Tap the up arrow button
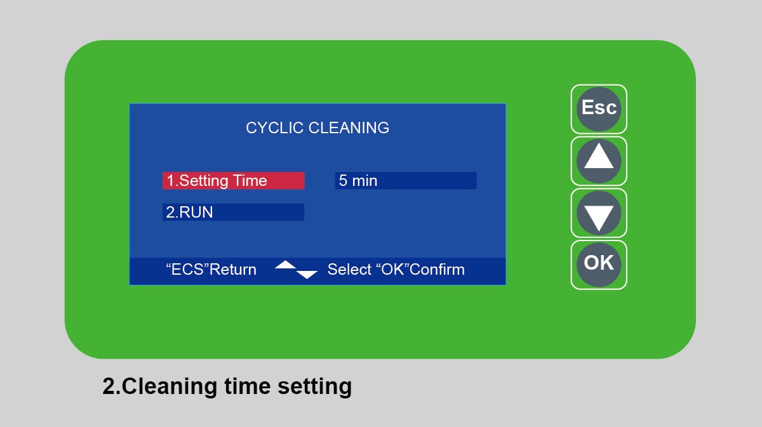click(x=599, y=161)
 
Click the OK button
click(x=599, y=265)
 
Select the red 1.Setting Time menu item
click(x=234, y=181)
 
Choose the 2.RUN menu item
click(x=234, y=212)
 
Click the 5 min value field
click(x=406, y=181)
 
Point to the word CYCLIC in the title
click(x=274, y=128)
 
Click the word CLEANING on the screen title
click(x=349, y=128)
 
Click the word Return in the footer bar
click(x=232, y=270)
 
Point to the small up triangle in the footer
click(x=285, y=265)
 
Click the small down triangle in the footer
click(x=307, y=275)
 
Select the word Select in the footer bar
click(x=349, y=270)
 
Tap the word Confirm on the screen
click(x=437, y=270)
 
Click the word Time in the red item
click(x=250, y=181)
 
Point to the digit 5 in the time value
click(x=343, y=181)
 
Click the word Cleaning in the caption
click(x=170, y=386)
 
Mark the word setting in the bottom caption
click(x=315, y=387)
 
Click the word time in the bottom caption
click(x=247, y=386)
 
